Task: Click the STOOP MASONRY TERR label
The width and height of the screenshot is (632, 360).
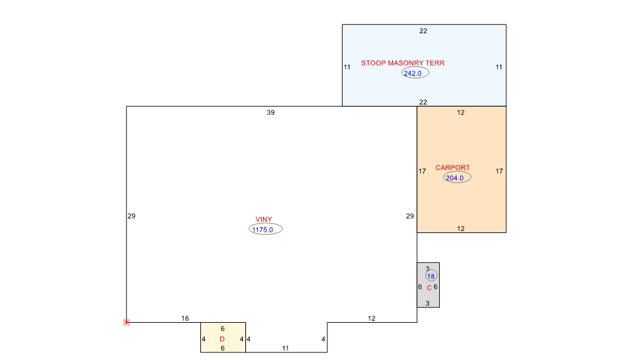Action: pyautogui.click(x=403, y=63)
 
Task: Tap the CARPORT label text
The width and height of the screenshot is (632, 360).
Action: pyautogui.click(x=453, y=167)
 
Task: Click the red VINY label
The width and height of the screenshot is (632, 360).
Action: pyautogui.click(x=264, y=219)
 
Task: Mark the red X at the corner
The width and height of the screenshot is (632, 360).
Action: pyautogui.click(x=126, y=323)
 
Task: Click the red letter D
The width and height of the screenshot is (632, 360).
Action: pyautogui.click(x=222, y=339)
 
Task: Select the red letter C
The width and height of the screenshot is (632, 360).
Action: pyautogui.click(x=429, y=288)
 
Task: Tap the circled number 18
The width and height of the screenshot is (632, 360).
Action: pyautogui.click(x=431, y=276)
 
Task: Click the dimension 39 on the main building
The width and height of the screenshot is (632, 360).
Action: pyautogui.click(x=270, y=113)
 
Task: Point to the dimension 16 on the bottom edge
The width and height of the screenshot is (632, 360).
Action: pyautogui.click(x=185, y=318)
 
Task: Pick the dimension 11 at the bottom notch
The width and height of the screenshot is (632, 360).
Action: pyautogui.click(x=286, y=349)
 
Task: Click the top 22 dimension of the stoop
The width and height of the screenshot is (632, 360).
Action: pyautogui.click(x=423, y=31)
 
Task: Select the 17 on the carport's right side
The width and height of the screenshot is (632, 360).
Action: pyautogui.click(x=499, y=171)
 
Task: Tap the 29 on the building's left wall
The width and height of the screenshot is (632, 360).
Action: pyautogui.click(x=131, y=216)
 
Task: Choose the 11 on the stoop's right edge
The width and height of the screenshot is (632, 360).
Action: pyautogui.click(x=499, y=67)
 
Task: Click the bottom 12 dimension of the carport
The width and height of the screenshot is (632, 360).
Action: pyautogui.click(x=461, y=229)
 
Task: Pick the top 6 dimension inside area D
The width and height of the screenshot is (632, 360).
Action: pyautogui.click(x=222, y=329)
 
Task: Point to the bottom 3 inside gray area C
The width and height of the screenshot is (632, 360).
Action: pyautogui.click(x=428, y=303)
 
